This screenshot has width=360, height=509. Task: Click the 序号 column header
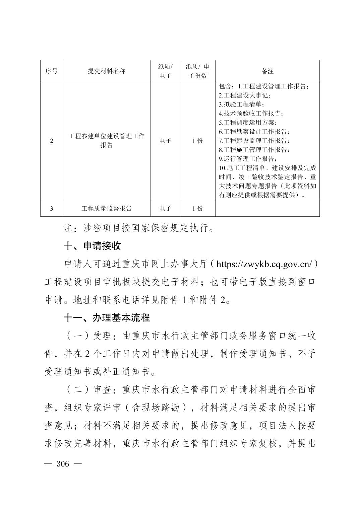[x=52, y=71]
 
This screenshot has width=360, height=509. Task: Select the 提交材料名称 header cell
[x=107, y=71]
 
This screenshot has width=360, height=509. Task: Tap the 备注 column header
[x=267, y=71]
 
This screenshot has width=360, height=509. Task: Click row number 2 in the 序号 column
[x=52, y=141]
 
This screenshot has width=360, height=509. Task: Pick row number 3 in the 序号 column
[x=52, y=208]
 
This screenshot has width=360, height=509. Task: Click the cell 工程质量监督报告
[x=107, y=208]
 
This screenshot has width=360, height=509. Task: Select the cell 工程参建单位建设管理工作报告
[x=107, y=141]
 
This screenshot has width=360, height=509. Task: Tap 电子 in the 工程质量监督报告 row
[x=165, y=208]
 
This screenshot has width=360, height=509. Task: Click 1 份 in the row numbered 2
[x=197, y=141]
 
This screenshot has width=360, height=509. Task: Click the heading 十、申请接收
[x=92, y=246]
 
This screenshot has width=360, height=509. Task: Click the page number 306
[x=63, y=464]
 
